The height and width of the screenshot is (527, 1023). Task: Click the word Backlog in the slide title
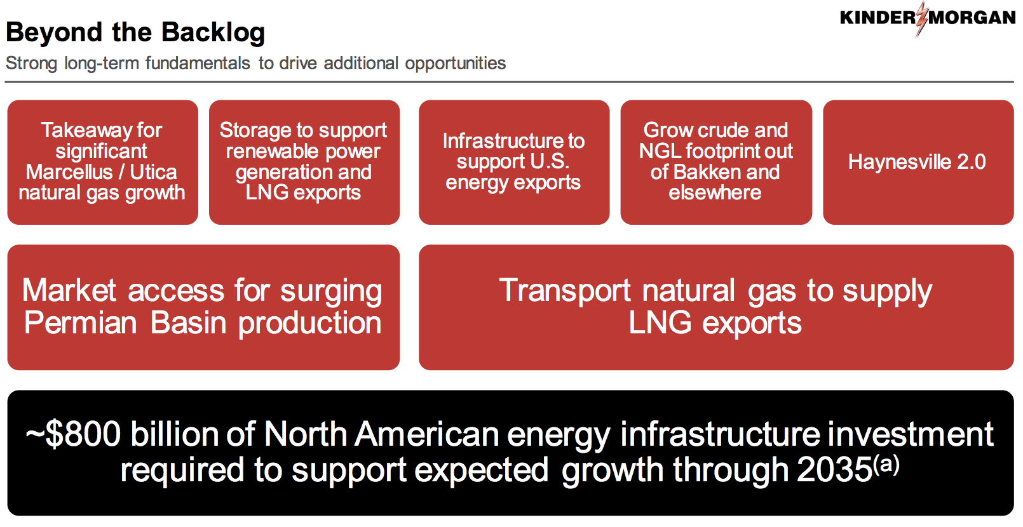[x=213, y=33]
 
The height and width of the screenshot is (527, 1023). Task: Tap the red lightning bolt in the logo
[x=922, y=19]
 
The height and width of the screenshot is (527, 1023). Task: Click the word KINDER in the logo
[x=877, y=18]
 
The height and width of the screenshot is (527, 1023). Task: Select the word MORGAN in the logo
[x=972, y=18]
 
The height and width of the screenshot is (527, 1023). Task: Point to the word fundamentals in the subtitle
[x=198, y=63]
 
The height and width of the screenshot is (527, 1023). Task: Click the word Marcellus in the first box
[x=69, y=172]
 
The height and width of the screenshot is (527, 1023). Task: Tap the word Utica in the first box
[x=154, y=172]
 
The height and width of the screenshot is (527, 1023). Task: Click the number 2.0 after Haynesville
[x=972, y=162]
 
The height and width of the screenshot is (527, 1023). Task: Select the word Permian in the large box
[x=80, y=323]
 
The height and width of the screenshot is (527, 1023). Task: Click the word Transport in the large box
[x=565, y=291]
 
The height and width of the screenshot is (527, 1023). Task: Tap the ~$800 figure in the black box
[x=74, y=434]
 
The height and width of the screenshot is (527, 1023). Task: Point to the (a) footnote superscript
[x=886, y=465]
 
